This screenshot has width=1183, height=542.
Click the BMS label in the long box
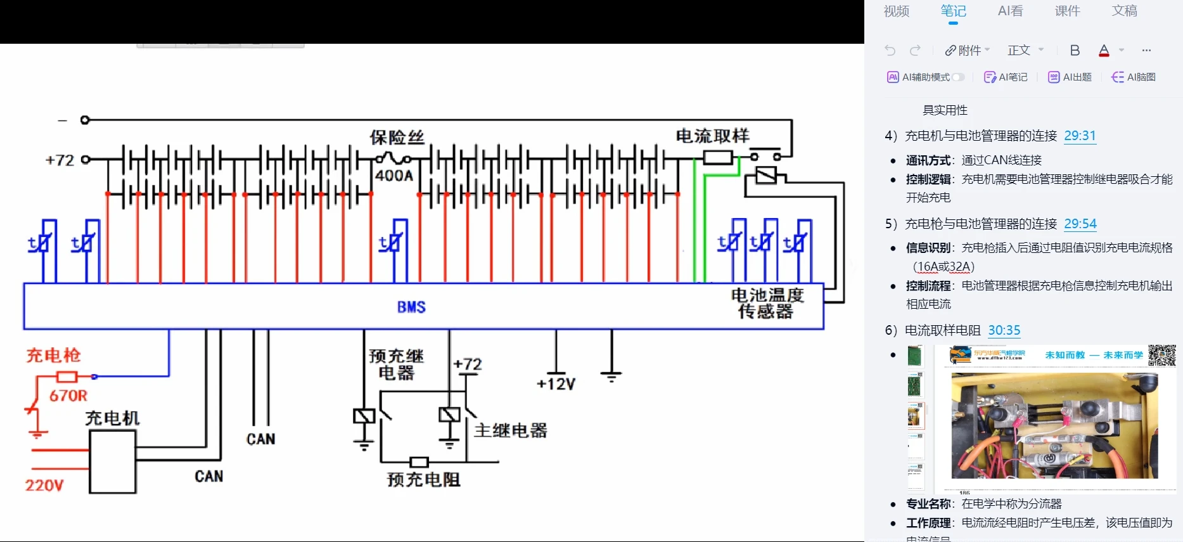[x=411, y=307]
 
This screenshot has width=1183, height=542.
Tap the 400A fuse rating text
[x=393, y=176]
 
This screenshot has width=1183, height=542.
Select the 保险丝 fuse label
[x=397, y=137]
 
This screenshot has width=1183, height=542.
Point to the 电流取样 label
[x=712, y=136]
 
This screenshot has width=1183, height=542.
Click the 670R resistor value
[x=68, y=396]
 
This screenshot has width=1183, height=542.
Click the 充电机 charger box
[x=113, y=461]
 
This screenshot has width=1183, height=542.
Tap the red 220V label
[x=44, y=486]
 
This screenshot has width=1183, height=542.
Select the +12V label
[x=556, y=384]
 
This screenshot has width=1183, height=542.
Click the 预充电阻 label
[x=423, y=480]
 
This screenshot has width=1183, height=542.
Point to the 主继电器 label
[x=511, y=431]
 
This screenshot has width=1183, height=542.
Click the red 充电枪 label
[x=53, y=355]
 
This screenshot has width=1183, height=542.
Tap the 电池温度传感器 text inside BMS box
[x=767, y=303]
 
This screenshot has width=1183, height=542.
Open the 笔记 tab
[x=953, y=11]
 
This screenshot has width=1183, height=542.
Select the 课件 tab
[x=1067, y=11]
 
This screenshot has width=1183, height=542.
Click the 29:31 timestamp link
[x=1080, y=136]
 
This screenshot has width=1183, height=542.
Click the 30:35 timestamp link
[x=1004, y=330]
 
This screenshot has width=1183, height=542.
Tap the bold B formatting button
[x=1075, y=51]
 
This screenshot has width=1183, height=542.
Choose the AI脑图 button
[x=1134, y=77]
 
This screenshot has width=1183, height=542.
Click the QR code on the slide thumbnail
[x=1162, y=355]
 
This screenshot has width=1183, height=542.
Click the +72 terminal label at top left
[x=60, y=160]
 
